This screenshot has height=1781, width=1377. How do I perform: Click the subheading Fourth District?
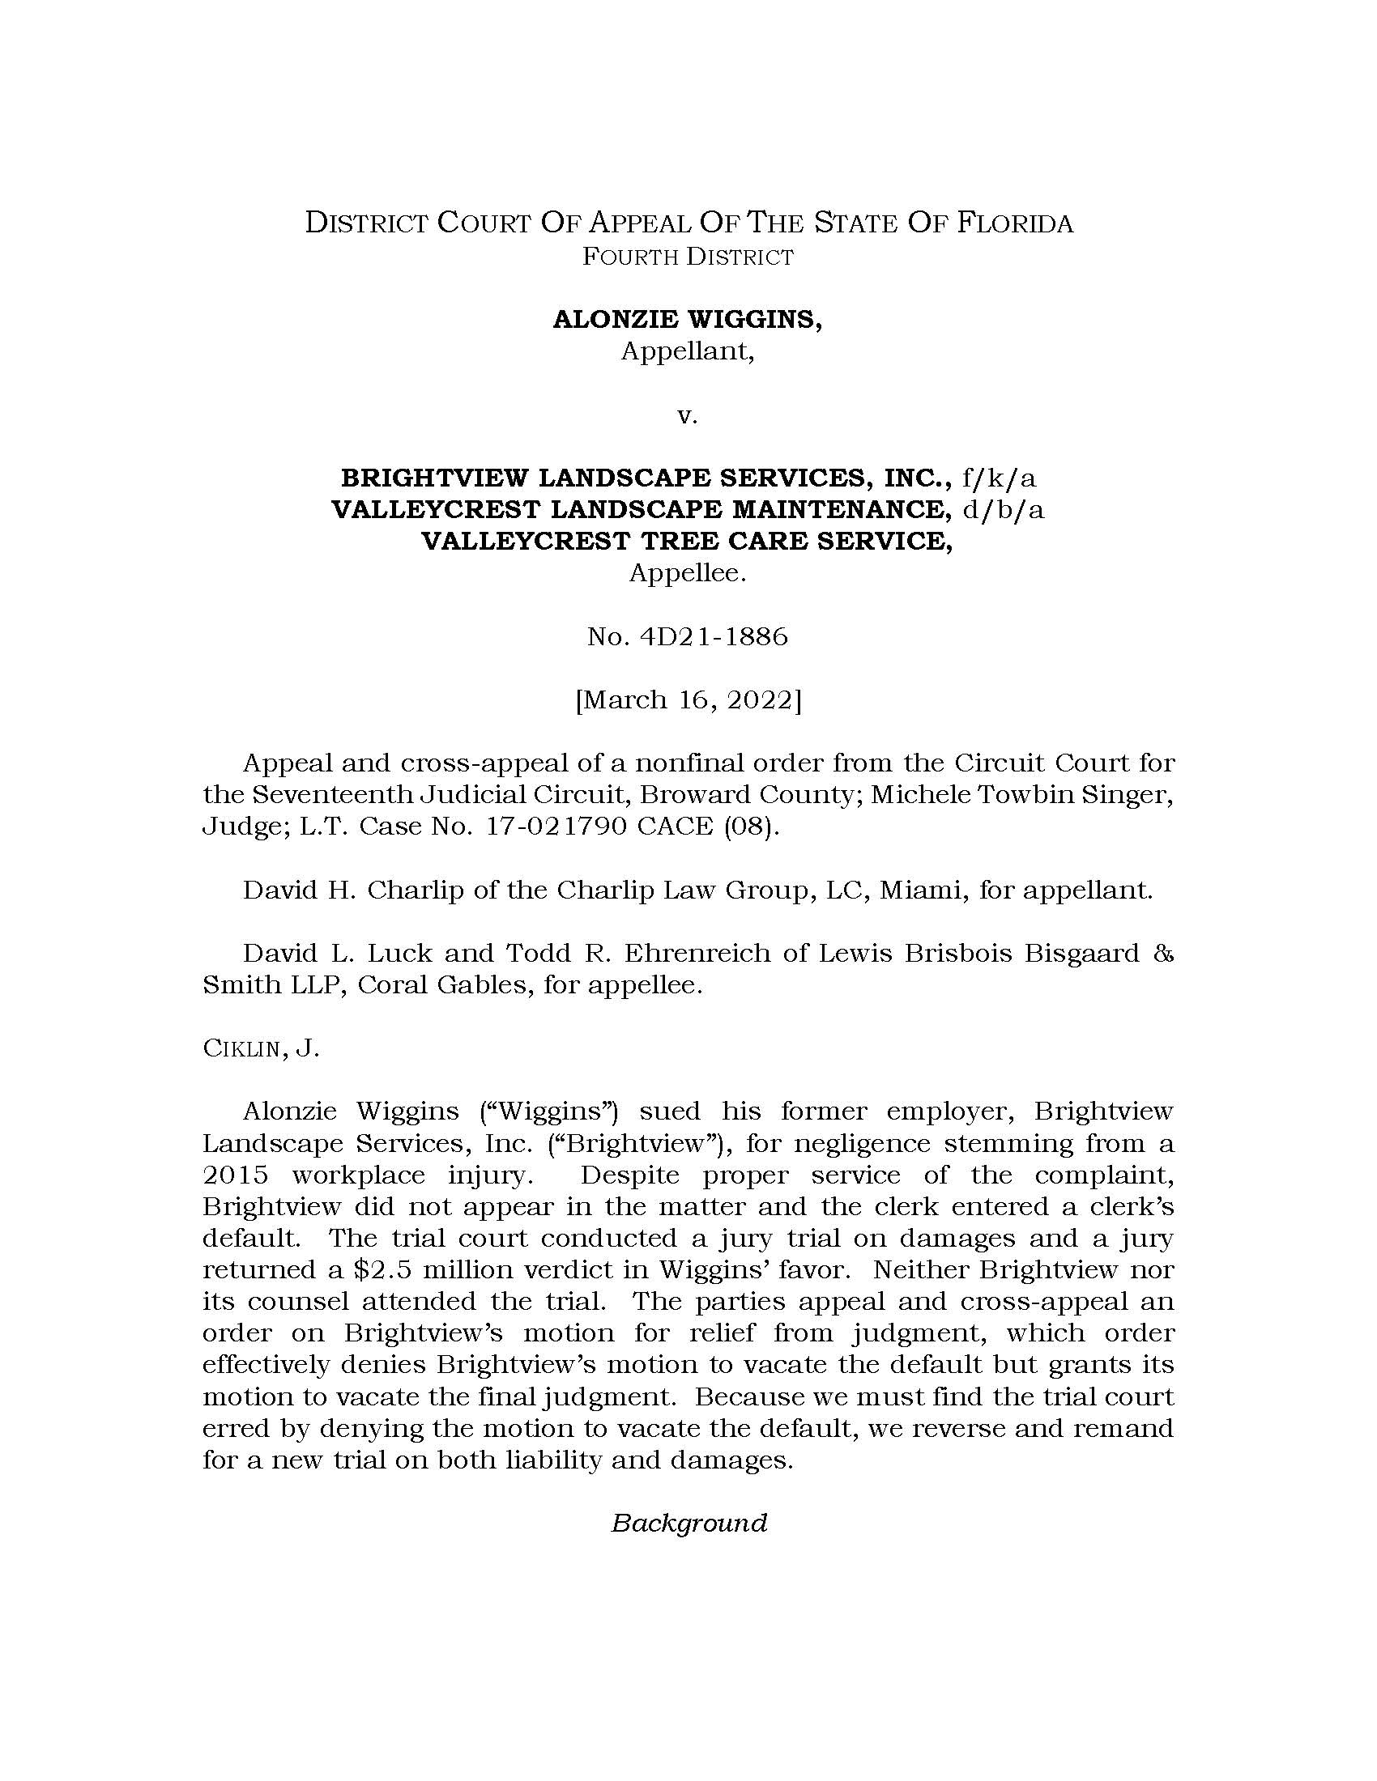(x=688, y=257)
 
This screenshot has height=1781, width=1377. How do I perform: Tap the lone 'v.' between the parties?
(x=688, y=416)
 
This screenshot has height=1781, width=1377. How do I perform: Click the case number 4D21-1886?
(x=714, y=636)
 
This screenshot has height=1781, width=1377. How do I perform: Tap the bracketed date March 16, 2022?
(x=688, y=699)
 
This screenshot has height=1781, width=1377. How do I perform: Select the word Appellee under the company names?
(x=688, y=573)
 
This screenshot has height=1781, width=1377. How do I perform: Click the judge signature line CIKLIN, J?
(x=260, y=1048)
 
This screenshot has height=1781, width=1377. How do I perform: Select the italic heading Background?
(x=688, y=1524)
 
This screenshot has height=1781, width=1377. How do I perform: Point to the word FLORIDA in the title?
(x=1016, y=223)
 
